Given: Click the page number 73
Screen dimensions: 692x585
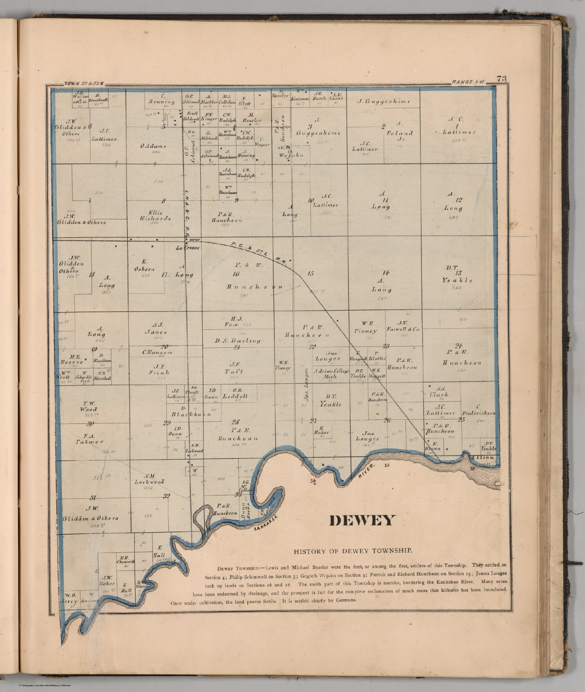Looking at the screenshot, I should pyautogui.click(x=501, y=79).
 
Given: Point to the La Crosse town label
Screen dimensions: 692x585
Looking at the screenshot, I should pyautogui.click(x=185, y=248).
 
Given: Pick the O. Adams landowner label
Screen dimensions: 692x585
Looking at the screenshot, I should pyautogui.click(x=153, y=146).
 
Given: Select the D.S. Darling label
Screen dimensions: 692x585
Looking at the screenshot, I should pyautogui.click(x=238, y=341).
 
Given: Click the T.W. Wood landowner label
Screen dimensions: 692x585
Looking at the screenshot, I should pyautogui.click(x=88, y=407).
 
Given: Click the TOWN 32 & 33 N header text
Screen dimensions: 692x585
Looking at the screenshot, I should pyautogui.click(x=84, y=83).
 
